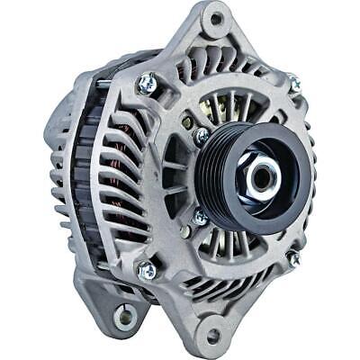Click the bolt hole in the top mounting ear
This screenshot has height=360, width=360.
tap(214, 17)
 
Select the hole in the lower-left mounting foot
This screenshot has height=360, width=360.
tap(124, 317)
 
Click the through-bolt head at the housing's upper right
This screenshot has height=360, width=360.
tap(294, 84)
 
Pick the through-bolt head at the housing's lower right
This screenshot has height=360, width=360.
tap(292, 258)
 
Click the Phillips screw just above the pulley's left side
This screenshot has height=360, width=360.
tap(202, 136)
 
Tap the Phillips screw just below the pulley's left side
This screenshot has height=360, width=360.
tap(200, 217)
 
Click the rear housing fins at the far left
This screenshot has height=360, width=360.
tap(57, 171)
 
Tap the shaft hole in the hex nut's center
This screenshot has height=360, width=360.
tap(261, 176)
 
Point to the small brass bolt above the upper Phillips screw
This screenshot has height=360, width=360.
tap(186, 122)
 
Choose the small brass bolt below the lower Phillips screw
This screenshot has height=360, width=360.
tap(185, 232)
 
